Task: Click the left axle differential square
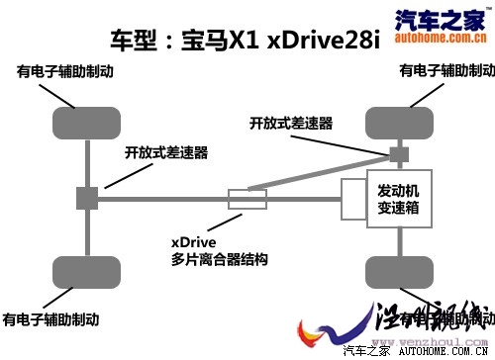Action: (x=87, y=198)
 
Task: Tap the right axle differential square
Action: (x=398, y=155)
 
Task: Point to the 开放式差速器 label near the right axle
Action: (x=291, y=124)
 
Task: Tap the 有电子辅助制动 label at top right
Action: (x=440, y=71)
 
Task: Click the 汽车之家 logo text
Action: (x=445, y=17)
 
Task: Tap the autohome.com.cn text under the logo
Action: (x=445, y=36)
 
